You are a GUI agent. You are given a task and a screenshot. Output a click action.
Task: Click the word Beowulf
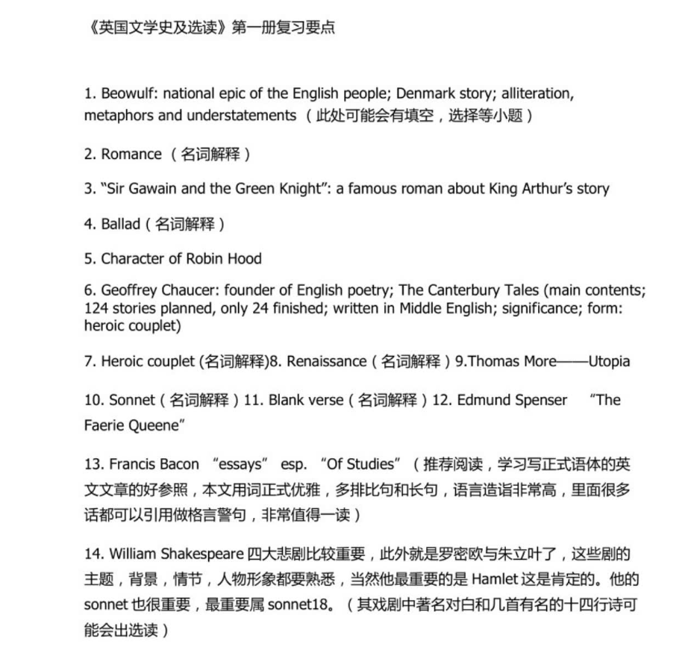[x=130, y=95]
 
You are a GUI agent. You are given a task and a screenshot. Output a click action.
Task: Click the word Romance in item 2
[x=131, y=154]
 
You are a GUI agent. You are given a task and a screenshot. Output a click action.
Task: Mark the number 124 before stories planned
[x=95, y=307]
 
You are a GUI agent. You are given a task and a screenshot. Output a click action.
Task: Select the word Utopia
[x=609, y=361]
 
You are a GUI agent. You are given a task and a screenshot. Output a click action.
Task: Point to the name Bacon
[x=178, y=464]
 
